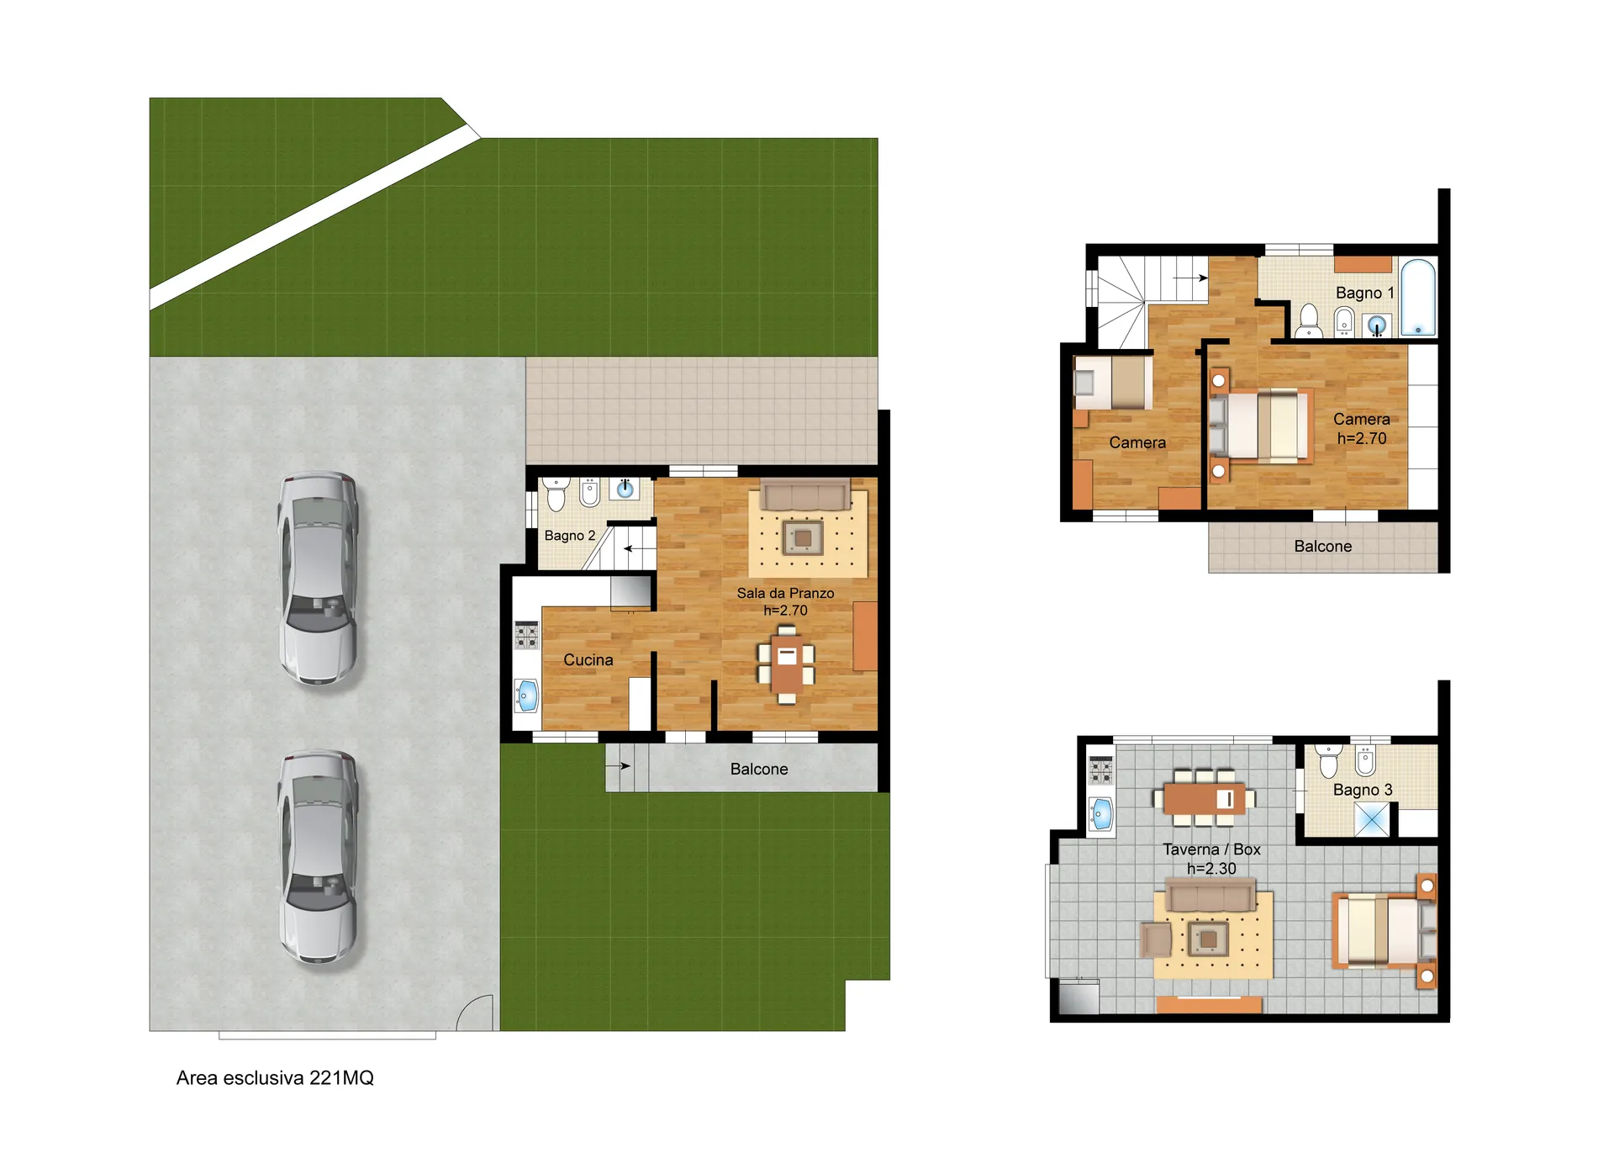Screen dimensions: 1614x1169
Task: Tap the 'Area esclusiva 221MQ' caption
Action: click(x=275, y=1077)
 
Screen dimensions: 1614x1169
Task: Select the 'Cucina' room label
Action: click(x=588, y=660)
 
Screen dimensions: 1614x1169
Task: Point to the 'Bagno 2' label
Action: click(x=570, y=536)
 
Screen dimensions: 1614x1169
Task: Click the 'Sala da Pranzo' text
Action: click(x=786, y=593)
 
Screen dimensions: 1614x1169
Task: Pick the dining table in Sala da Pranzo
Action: click(x=787, y=664)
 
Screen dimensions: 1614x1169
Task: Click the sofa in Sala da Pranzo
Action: click(x=805, y=495)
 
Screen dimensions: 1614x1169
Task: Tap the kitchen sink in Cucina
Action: click(x=527, y=696)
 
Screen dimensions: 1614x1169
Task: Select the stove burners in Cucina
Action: click(x=527, y=635)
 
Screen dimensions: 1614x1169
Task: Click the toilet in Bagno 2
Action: click(x=556, y=495)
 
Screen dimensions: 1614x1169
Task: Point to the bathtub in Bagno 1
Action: click(x=1418, y=298)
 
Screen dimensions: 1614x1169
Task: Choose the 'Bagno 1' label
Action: click(x=1365, y=293)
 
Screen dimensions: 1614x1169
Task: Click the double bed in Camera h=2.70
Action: click(x=1261, y=426)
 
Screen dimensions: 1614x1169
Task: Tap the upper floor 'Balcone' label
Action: click(x=1323, y=547)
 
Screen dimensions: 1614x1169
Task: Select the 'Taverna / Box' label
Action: click(x=1211, y=849)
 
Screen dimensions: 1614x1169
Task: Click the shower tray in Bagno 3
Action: click(x=1372, y=820)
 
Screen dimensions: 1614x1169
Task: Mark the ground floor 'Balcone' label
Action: click(x=759, y=770)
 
